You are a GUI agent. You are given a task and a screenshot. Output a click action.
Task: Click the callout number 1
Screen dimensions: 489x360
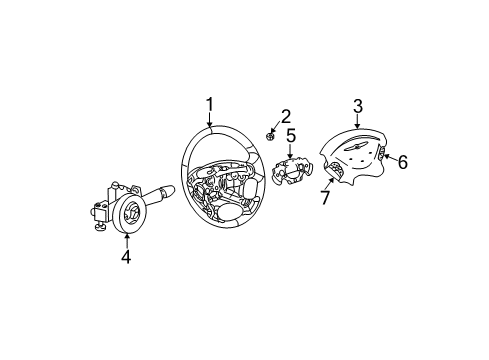[211, 104]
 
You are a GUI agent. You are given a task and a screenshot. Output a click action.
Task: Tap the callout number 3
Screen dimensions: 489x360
[357, 106]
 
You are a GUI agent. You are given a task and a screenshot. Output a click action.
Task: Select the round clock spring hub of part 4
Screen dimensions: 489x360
[128, 215]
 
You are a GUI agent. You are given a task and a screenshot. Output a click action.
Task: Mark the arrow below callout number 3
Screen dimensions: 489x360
[357, 123]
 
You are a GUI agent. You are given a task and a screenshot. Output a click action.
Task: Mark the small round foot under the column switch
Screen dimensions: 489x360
[102, 231]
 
